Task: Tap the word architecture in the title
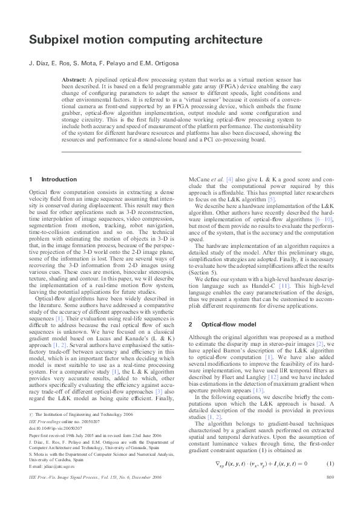pyautogui.click(x=223, y=40)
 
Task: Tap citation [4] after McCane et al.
pyautogui.click(x=229, y=180)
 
